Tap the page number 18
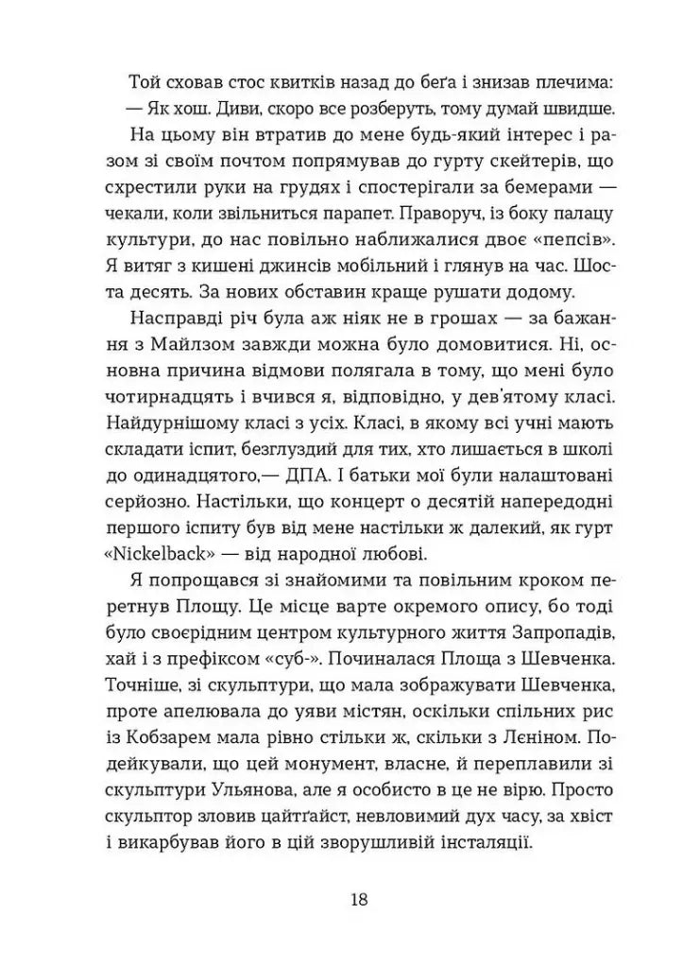click(x=357, y=898)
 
